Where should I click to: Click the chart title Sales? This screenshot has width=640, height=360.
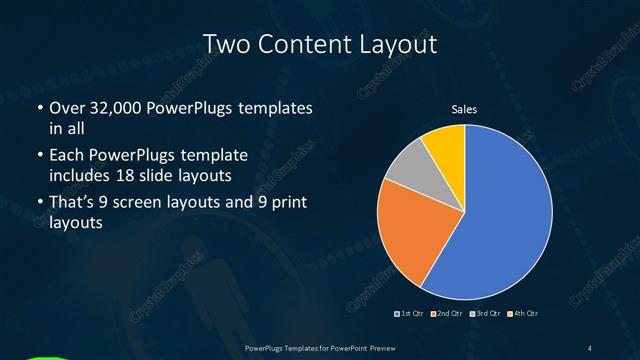pyautogui.click(x=464, y=110)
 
